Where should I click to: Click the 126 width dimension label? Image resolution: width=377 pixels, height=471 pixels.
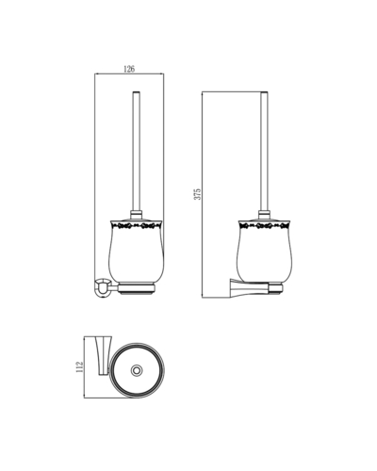[129, 69]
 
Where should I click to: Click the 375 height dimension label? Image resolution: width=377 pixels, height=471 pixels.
[197, 194]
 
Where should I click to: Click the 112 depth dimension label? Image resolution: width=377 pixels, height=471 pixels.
[80, 367]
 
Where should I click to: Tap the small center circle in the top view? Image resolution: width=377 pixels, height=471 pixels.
[137, 370]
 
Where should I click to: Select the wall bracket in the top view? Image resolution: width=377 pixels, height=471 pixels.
[104, 356]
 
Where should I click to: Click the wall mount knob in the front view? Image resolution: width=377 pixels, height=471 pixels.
[102, 287]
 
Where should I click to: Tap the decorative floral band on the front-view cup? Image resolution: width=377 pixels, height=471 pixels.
[136, 225]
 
